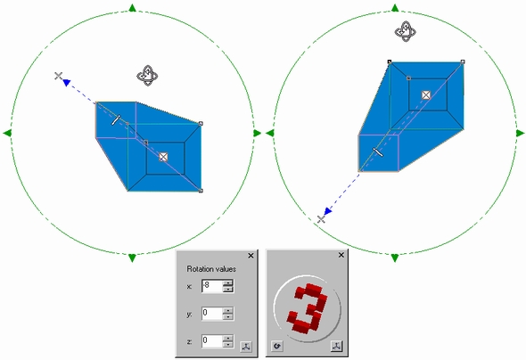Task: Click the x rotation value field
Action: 212,286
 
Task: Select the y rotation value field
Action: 212,314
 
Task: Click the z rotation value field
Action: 212,341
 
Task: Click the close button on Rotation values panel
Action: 251,256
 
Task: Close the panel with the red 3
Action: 341,255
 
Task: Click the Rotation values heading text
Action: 211,269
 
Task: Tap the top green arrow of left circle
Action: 132,8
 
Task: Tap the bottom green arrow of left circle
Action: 132,258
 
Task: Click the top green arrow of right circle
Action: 395,8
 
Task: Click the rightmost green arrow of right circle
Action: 521,133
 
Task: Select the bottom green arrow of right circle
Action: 395,258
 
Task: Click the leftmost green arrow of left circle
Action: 7,133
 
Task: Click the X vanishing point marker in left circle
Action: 58,76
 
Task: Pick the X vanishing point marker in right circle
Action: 321,219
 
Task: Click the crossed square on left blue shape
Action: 163,157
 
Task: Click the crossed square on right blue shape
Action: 426,95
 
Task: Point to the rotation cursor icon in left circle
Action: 147,76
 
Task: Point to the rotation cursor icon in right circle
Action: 406,31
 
